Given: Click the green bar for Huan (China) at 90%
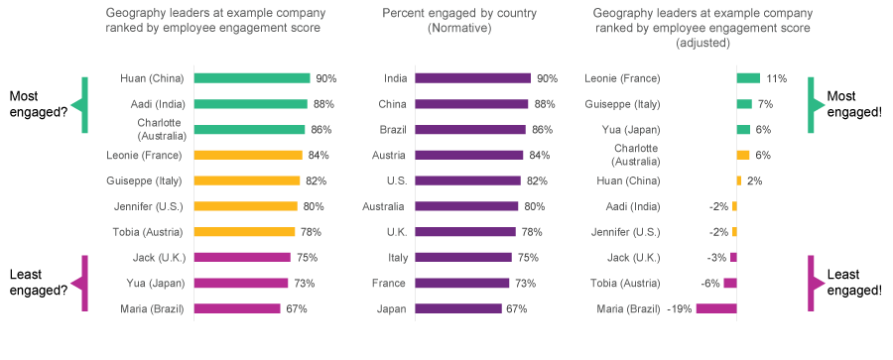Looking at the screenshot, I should [252, 77].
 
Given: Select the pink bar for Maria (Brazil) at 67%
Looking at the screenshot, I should [237, 308].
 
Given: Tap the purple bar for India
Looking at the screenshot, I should [472, 77].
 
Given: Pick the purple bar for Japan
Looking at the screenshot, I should [458, 308].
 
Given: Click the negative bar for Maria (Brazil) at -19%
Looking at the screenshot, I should [715, 308].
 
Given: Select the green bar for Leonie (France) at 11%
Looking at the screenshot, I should [748, 77].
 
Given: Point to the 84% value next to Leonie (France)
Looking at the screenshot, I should [319, 155].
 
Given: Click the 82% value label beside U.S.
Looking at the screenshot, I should [536, 180].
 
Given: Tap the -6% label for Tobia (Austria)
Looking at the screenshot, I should [710, 283].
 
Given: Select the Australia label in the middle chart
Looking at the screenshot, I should [383, 206].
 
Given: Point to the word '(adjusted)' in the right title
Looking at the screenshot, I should [702, 43].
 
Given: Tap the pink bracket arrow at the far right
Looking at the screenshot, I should [816, 283].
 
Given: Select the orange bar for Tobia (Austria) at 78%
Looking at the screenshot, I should [245, 232].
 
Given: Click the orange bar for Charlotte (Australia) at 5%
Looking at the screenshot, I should [743, 155].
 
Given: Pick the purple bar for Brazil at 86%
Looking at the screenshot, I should [470, 129].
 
